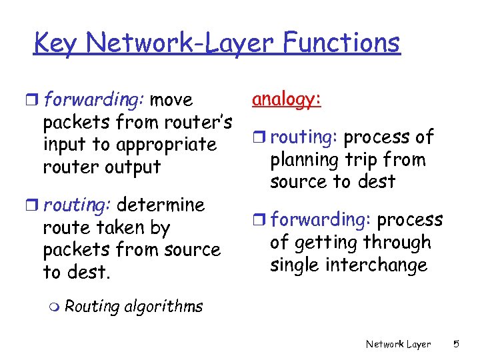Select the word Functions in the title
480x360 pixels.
pos(341,43)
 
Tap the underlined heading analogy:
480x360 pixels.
pos(287,99)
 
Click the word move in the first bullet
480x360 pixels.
pos(171,101)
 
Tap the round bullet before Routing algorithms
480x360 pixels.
pos(55,307)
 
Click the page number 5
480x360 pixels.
pos(456,344)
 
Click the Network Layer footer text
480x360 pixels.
pos(398,344)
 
